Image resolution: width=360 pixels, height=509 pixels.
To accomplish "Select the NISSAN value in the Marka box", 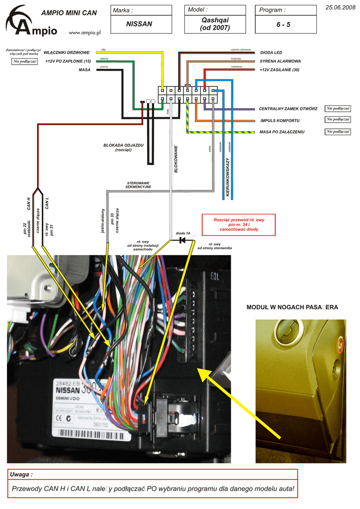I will point(139,24).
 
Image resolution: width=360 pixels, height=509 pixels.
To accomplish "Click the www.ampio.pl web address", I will point(84,32).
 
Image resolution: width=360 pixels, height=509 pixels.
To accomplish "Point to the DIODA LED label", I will point(271,52).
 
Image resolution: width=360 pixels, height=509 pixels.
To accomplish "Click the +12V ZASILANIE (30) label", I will point(279,70).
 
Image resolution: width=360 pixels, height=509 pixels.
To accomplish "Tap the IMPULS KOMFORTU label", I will point(279,121).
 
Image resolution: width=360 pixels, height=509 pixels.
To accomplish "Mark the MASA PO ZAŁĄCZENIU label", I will point(282,132).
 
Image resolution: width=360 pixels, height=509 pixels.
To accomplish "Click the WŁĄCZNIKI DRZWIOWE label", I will point(67,52).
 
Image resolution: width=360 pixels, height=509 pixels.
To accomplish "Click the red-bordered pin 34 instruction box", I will point(239,225).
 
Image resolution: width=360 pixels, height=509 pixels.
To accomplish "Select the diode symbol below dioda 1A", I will point(182,240).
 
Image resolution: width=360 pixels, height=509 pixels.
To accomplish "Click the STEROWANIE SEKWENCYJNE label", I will point(138,185).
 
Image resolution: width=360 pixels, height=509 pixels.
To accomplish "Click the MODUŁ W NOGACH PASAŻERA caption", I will point(292,308).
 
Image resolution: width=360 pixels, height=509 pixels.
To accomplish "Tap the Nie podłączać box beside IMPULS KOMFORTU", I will point(338,120).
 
